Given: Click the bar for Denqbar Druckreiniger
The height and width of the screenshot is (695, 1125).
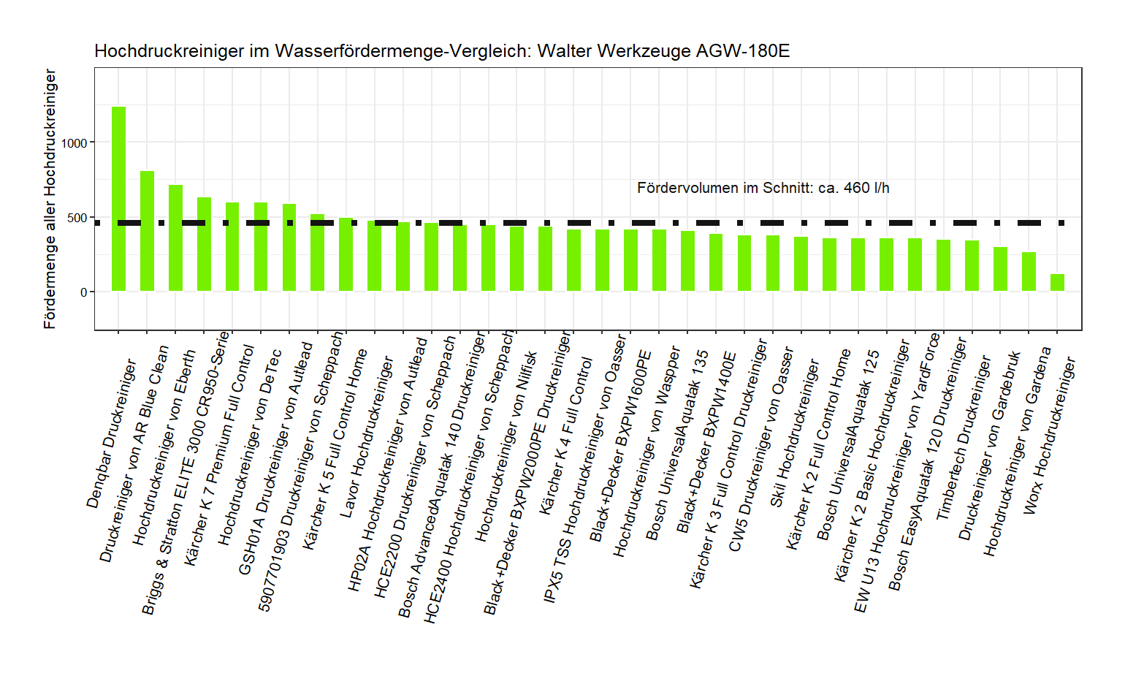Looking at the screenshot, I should click(x=118, y=199).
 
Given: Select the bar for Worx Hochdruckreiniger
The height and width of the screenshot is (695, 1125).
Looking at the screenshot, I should click(x=1057, y=283).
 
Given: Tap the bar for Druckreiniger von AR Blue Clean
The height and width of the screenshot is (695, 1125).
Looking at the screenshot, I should click(x=147, y=231).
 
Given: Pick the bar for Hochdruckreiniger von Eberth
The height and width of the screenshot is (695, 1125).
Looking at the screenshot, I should click(x=175, y=238).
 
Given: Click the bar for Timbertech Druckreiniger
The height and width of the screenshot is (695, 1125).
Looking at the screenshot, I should click(x=972, y=266).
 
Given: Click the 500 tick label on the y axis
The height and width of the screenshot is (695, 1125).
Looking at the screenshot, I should click(x=77, y=218).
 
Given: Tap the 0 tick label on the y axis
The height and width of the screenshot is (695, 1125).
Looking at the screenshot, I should click(x=83, y=292).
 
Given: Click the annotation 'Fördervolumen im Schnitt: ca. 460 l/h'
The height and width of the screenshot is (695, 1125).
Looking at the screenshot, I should click(x=763, y=188).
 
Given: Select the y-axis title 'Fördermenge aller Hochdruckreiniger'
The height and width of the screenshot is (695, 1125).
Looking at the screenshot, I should click(x=50, y=199).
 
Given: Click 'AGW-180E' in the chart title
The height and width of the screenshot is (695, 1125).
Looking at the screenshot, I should click(x=743, y=51).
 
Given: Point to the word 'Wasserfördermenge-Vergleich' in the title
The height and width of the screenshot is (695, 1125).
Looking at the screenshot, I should click(x=403, y=51).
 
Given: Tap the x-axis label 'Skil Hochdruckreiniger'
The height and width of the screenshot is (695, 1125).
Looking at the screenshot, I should click(x=795, y=433).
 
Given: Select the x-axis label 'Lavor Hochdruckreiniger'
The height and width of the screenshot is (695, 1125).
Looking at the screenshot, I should click(x=367, y=437).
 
